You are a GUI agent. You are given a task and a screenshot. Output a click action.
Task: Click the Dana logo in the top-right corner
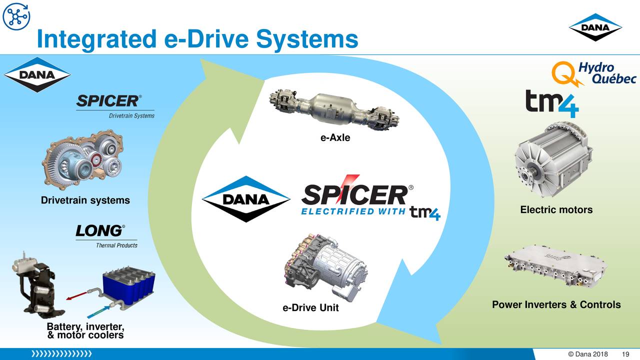click(595, 27)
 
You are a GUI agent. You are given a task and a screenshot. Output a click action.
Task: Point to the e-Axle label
click(335, 138)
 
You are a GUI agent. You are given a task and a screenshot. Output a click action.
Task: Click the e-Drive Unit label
click(310, 308)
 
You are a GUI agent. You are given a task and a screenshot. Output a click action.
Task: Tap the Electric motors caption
click(556, 210)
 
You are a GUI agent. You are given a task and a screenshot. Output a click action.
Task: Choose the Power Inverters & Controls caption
click(556, 305)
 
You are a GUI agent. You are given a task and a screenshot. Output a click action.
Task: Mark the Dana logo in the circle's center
click(246, 199)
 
